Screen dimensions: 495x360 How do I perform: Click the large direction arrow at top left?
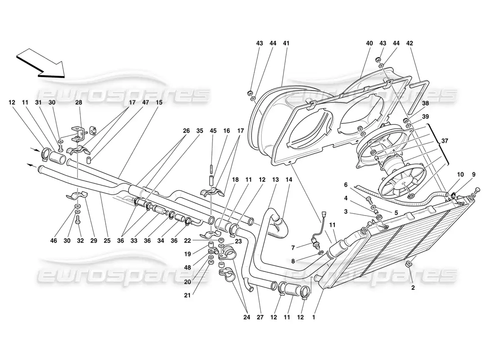41,63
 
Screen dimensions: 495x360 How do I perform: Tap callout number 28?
79,102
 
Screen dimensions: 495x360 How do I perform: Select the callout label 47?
145,102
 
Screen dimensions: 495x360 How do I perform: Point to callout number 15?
159,102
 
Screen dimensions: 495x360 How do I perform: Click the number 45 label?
213,131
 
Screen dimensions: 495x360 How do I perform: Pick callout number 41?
286,43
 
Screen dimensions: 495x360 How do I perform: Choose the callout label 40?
369,43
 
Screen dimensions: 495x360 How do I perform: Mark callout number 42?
409,43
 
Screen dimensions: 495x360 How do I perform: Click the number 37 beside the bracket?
445,141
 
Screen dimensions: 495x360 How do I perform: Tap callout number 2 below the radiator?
413,288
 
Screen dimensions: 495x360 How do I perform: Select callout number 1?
314,317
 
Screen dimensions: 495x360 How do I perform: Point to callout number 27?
260,317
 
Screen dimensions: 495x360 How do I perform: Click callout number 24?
247,317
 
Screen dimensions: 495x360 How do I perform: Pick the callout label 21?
188,295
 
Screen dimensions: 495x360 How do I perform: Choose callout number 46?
54,241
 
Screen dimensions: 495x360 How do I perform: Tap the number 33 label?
134,241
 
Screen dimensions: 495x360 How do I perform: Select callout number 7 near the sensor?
293,248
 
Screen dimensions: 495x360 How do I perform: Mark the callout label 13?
275,180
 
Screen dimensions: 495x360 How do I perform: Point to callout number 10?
460,174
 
